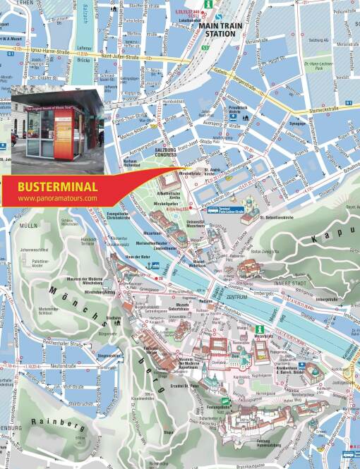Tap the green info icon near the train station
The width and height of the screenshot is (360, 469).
tap(209, 4)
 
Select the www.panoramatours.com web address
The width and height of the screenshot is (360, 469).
tap(57, 199)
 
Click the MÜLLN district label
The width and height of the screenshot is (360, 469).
tap(29, 226)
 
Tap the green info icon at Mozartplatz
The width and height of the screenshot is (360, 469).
tap(259, 329)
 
